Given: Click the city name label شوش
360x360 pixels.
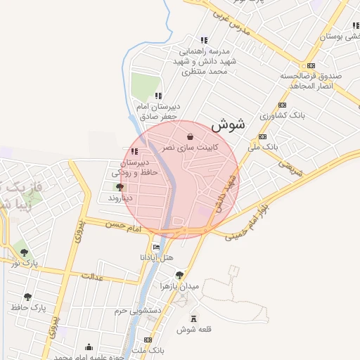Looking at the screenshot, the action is click(227, 125).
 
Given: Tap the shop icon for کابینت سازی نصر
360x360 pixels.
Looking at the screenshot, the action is click(190, 136).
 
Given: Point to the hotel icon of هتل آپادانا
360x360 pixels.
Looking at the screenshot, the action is click(155, 247).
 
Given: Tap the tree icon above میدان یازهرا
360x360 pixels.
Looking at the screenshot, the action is click(179, 275).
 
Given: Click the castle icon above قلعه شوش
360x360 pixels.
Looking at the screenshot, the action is click(194, 318).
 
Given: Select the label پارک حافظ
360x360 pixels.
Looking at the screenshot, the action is click(28, 307).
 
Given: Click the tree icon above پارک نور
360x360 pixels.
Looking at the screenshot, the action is click(25, 252).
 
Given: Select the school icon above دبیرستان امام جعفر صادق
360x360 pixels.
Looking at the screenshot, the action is click(159, 96).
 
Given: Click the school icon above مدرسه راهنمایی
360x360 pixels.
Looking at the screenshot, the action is click(204, 40).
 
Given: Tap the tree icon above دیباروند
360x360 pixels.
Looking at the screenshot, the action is click(120, 187).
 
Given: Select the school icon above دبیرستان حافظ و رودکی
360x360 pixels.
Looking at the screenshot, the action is click(134, 151).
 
